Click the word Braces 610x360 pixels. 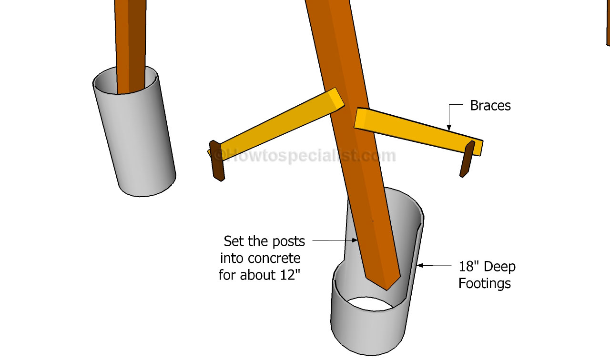click(x=490, y=105)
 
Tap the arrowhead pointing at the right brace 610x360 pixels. click(x=448, y=127)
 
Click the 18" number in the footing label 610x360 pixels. click(x=468, y=266)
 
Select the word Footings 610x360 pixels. click(x=484, y=284)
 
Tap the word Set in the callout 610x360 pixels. click(x=234, y=241)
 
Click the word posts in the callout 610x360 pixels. click(x=288, y=241)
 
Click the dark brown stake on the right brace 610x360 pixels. click(x=467, y=159)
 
